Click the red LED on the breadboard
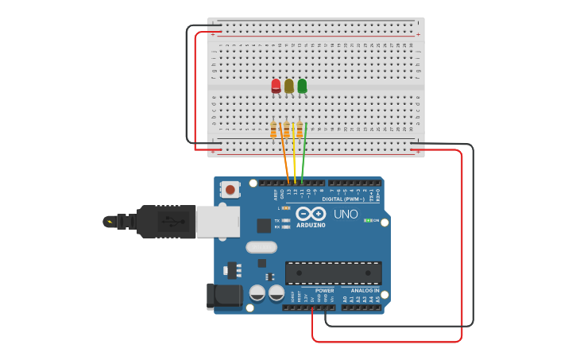pyautogui.click(x=276, y=86)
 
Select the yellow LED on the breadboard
pyautogui.click(x=288, y=86)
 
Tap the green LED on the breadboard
pyautogui.click(x=302, y=86)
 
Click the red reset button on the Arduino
pyautogui.click(x=230, y=189)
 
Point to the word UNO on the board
pyautogui.click(x=346, y=214)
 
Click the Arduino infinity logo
pyautogui.click(x=311, y=214)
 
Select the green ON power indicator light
pyautogui.click(x=368, y=220)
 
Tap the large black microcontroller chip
pyautogui.click(x=333, y=273)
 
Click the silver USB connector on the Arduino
pyautogui.click(x=218, y=222)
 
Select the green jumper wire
pyautogui.click(x=303, y=155)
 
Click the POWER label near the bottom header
pyautogui.click(x=324, y=291)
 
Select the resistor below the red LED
pyautogui.click(x=274, y=130)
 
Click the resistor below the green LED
pyautogui.click(x=300, y=130)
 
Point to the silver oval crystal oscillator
pyautogui.click(x=261, y=247)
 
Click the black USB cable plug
pyautogui.click(x=164, y=222)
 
